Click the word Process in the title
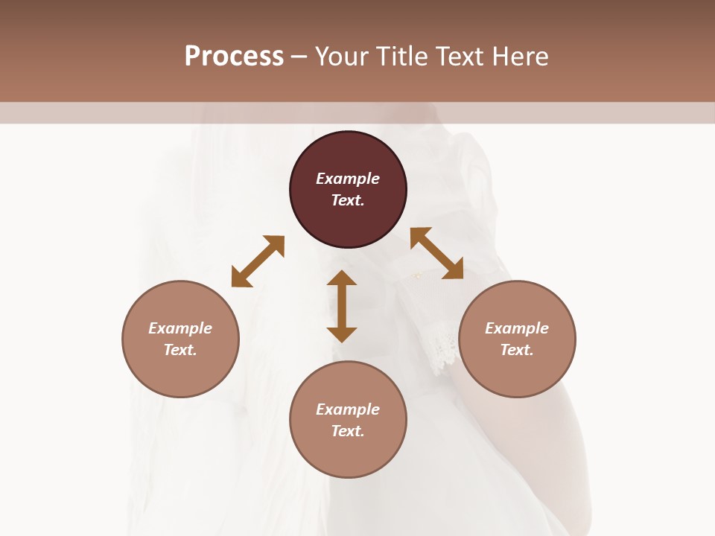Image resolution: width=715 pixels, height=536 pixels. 234,57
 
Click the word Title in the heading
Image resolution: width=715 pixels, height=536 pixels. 403,57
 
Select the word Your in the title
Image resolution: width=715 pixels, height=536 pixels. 342,57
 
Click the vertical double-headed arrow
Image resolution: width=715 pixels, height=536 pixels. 342,306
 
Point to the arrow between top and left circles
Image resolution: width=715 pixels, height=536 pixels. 258,261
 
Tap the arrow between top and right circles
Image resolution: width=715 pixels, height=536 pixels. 436,253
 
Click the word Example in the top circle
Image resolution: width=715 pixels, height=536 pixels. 348,179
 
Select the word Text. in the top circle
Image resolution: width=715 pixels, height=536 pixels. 348,200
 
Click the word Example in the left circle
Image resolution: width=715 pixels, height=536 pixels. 180,328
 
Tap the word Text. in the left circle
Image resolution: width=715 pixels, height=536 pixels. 180,350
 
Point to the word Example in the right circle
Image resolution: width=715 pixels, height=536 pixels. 517,328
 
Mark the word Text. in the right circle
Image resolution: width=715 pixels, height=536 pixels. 517,350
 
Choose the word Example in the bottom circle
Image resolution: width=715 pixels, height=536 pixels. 348,409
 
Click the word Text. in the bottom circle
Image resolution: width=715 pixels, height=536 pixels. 348,431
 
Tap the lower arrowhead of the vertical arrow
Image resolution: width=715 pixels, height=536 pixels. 342,334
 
